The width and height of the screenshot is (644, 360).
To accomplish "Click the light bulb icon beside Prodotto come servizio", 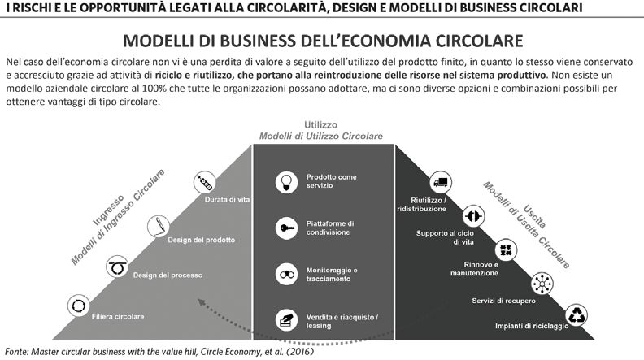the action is (x=286, y=182).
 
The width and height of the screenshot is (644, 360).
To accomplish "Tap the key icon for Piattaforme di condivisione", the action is (x=286, y=228).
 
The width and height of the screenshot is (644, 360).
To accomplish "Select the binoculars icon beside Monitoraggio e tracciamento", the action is (x=286, y=275).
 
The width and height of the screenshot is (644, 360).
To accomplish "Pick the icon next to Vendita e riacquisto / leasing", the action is (x=286, y=319).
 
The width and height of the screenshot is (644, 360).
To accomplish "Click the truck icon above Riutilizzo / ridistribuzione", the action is (x=441, y=182).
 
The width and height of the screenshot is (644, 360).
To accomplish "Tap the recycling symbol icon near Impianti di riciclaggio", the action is (x=577, y=315).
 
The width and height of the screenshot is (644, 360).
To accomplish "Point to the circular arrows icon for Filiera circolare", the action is (x=78, y=306).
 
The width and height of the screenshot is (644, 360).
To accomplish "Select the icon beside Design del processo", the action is (x=117, y=267).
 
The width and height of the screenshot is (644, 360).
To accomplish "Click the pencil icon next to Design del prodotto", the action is (x=159, y=226).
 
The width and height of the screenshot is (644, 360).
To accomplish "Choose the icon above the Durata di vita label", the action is (x=204, y=182).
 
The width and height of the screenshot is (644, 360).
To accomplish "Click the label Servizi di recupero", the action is (x=503, y=301).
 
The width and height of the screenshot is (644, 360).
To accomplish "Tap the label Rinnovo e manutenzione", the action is (x=474, y=269).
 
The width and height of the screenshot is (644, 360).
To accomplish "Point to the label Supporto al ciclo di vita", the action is (x=445, y=237).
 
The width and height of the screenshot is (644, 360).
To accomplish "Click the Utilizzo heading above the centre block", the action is (x=320, y=125).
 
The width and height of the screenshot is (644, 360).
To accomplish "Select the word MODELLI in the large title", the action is (x=159, y=41).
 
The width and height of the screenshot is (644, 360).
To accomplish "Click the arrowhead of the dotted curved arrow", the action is (x=202, y=302).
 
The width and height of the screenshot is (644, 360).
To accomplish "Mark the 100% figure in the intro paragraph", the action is (x=151, y=89).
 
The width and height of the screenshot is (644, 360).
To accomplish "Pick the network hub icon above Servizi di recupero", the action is (x=542, y=284).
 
